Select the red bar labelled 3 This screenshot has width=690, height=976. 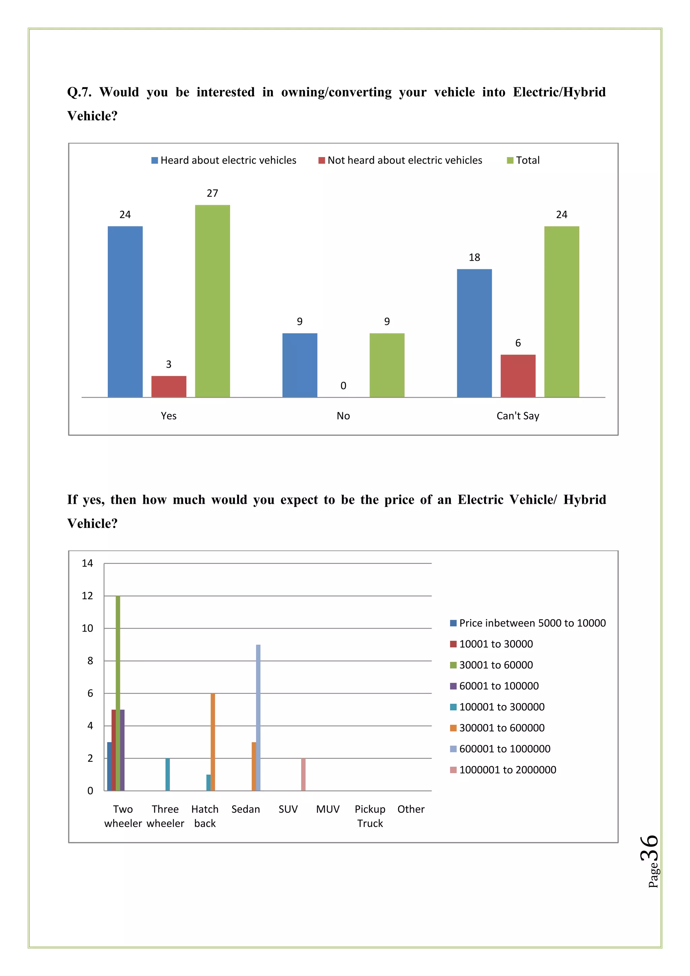[x=169, y=387]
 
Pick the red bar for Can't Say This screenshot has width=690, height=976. [x=518, y=376]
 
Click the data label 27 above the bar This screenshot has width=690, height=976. [x=213, y=193]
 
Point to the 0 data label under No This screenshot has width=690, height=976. [x=343, y=386]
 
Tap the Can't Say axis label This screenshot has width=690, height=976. [x=518, y=416]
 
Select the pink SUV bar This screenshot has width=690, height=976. [x=303, y=774]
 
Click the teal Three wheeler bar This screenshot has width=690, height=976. [x=168, y=774]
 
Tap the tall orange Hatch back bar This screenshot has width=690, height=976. [x=213, y=742]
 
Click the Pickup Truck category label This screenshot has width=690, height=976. [x=370, y=816]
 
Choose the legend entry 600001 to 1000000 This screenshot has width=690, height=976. [x=504, y=749]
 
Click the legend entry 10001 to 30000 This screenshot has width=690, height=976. [x=496, y=644]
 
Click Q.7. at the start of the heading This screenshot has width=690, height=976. [x=80, y=92]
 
